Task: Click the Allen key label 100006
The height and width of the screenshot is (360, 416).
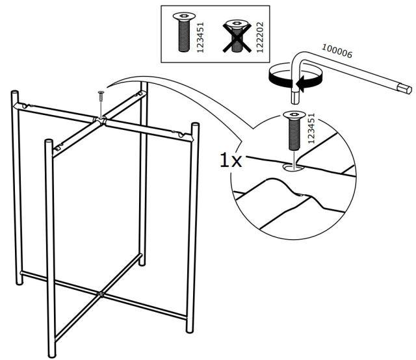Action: click(x=337, y=51)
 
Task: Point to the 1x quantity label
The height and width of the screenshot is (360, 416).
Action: click(x=230, y=160)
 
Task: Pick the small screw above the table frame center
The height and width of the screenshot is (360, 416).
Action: click(x=101, y=96)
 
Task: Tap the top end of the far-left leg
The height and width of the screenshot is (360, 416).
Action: click(x=14, y=94)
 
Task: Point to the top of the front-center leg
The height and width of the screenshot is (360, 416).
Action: click(x=46, y=141)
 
